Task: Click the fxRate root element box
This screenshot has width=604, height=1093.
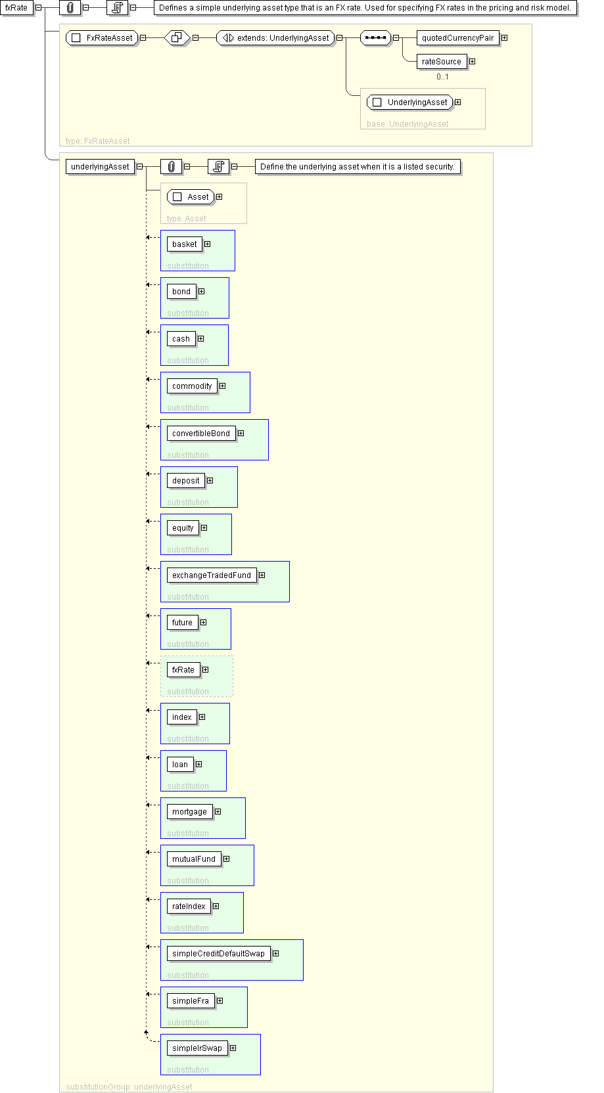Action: tap(16, 8)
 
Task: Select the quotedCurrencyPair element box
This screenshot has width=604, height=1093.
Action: tap(457, 38)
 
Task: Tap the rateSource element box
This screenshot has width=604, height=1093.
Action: tap(441, 62)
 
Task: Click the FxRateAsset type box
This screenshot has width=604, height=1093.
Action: tap(102, 38)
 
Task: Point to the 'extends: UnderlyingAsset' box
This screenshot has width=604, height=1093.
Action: tap(275, 38)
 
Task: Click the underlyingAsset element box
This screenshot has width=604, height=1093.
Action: tap(100, 167)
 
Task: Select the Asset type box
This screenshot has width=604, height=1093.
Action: tap(191, 197)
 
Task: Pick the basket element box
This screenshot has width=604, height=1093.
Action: tap(184, 244)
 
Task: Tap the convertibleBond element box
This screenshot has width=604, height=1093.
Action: tap(200, 434)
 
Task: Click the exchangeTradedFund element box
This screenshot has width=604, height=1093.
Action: tap(211, 575)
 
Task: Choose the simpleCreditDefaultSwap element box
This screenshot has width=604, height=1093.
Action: tap(218, 954)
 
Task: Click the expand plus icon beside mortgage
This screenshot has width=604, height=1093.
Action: tap(218, 812)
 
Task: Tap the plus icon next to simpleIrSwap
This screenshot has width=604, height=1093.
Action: tap(233, 1048)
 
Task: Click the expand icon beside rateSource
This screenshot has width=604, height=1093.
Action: tap(472, 62)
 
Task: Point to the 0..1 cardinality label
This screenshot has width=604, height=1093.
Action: tap(442, 77)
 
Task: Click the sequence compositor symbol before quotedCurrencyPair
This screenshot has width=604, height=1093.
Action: tap(375, 38)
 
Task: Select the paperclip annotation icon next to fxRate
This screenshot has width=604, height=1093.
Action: tap(70, 8)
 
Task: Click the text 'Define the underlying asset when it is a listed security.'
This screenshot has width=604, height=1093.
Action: tap(357, 167)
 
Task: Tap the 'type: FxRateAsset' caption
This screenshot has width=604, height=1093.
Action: tap(98, 141)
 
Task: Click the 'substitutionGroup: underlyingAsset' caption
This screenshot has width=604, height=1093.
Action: tap(129, 1087)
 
